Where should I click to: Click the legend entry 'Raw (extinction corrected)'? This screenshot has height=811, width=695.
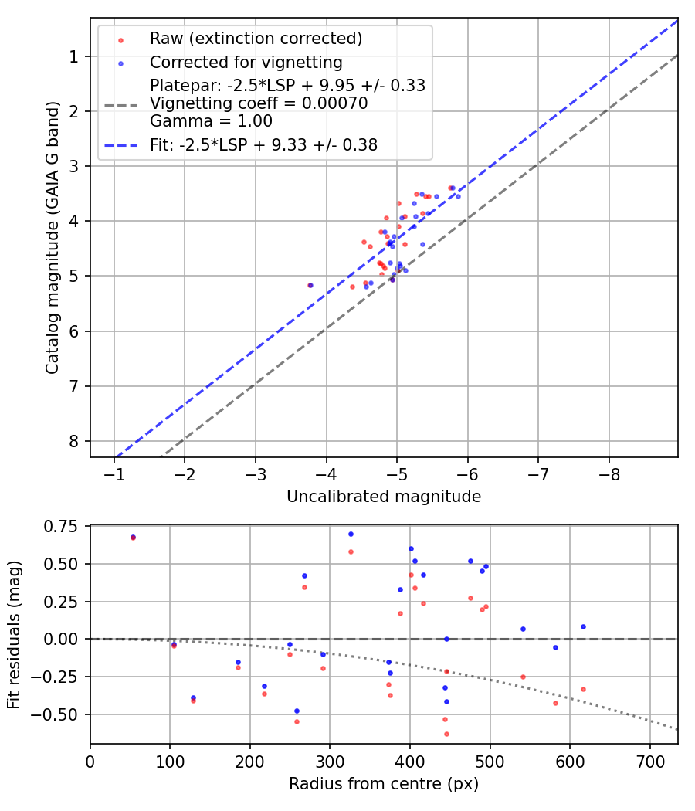pos(256,39)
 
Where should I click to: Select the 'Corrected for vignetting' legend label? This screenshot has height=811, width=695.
pos(246,62)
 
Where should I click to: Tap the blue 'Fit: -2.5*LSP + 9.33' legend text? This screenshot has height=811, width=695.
pos(263,144)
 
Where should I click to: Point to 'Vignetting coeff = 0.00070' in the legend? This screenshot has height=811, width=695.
pos(259,103)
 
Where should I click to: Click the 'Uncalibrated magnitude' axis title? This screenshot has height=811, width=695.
pos(384,497)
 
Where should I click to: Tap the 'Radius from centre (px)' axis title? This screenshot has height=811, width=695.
pos(384,784)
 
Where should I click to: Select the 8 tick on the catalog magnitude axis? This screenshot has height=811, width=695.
pos(75,441)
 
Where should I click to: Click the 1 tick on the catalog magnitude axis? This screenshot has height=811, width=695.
pos(75,56)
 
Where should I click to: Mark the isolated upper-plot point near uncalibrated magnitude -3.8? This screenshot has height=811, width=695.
pos(310,285)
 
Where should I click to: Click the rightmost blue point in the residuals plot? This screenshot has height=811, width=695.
pos(583,626)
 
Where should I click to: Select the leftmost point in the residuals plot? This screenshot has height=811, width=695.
pos(133,537)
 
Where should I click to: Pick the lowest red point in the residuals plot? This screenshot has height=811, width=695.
pos(446,734)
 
